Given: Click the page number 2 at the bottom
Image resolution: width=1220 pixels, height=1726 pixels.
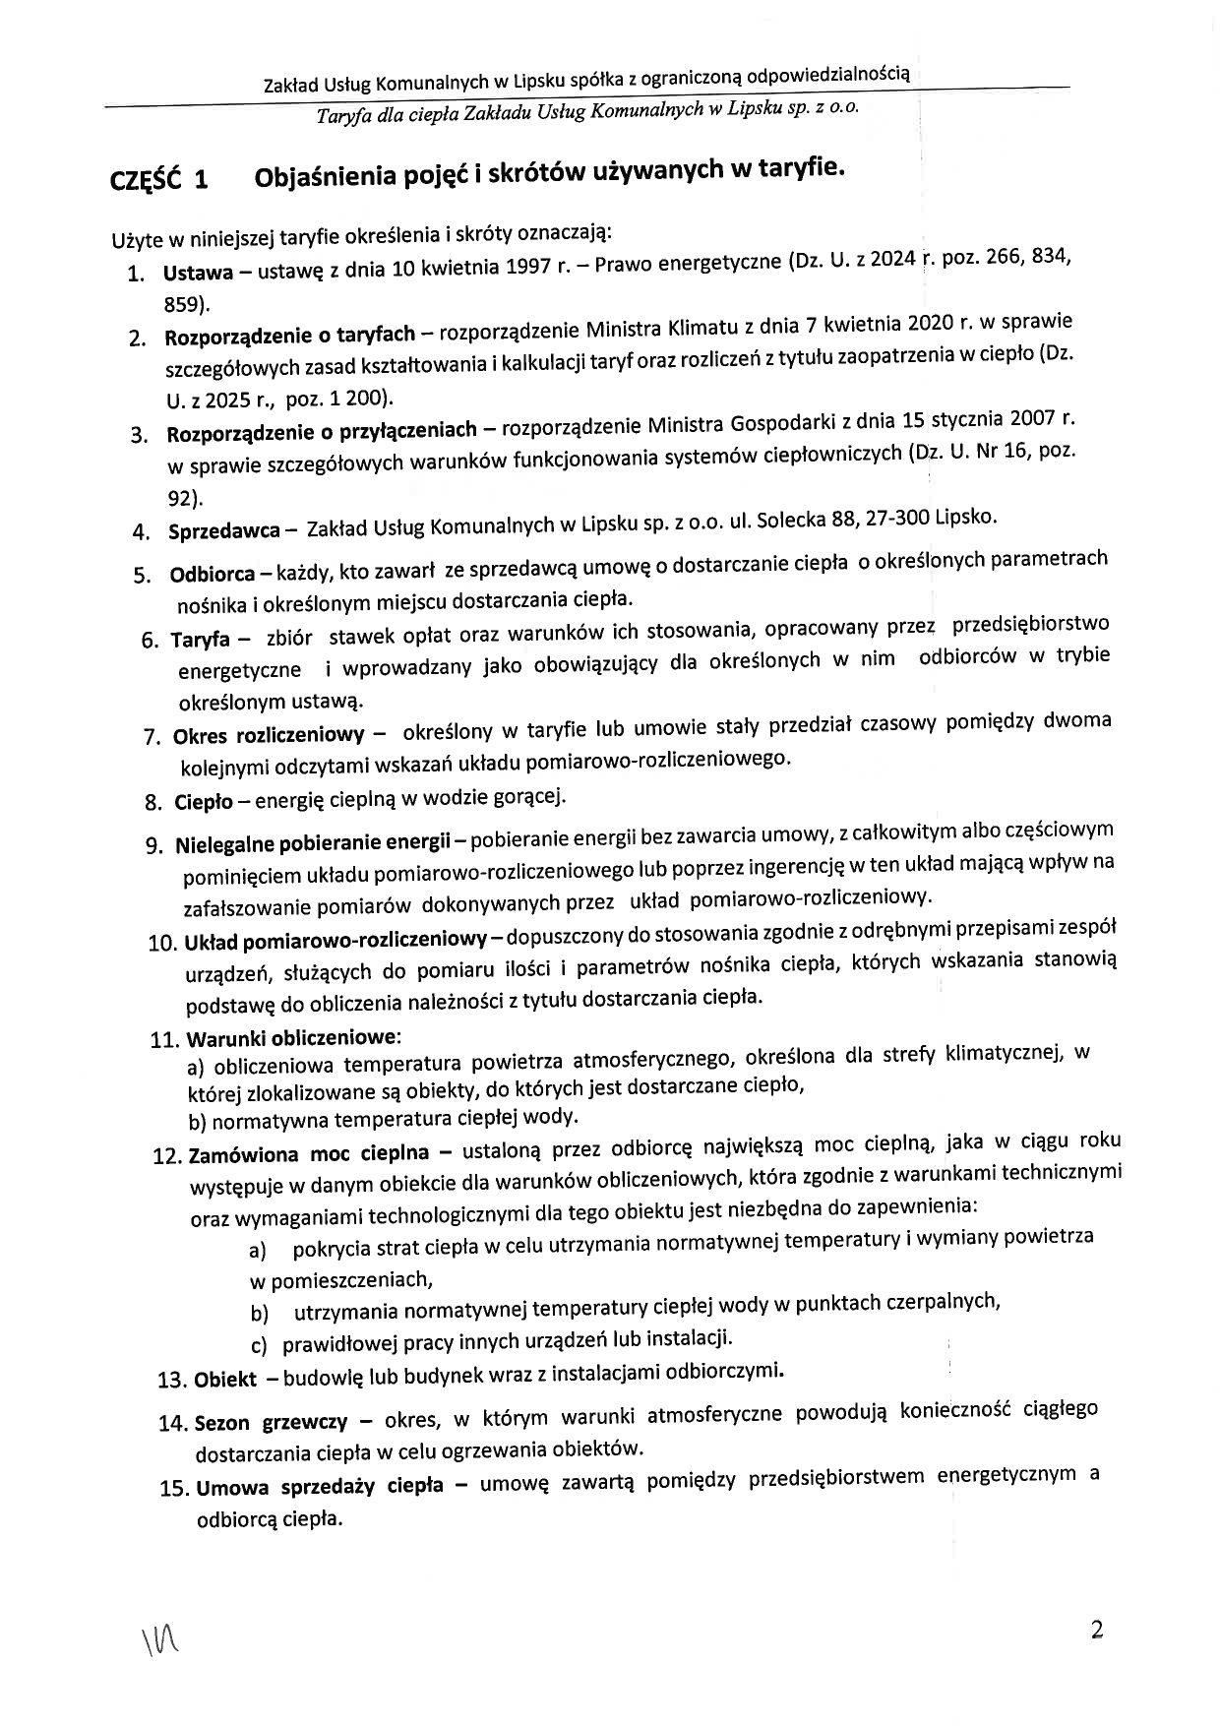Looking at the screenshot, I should click(x=1097, y=1630).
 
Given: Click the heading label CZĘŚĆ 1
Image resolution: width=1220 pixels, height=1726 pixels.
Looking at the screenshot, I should click(x=159, y=180).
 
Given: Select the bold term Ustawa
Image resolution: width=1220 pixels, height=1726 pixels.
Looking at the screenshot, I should click(x=198, y=273).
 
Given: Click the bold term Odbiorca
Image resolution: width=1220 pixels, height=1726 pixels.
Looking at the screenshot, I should click(x=213, y=575).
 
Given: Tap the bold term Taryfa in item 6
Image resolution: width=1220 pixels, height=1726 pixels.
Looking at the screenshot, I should click(x=200, y=640).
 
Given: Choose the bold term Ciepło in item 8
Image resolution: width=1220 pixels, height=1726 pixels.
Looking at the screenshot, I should click(x=204, y=802).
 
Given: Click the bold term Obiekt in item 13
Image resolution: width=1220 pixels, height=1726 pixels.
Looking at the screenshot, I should click(x=225, y=1379).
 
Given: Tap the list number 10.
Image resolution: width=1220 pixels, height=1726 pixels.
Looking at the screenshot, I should click(x=162, y=944).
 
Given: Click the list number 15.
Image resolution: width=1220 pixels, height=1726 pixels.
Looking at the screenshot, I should click(x=173, y=1488).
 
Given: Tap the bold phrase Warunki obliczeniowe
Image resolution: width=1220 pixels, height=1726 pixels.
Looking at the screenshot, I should click(x=292, y=1038).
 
